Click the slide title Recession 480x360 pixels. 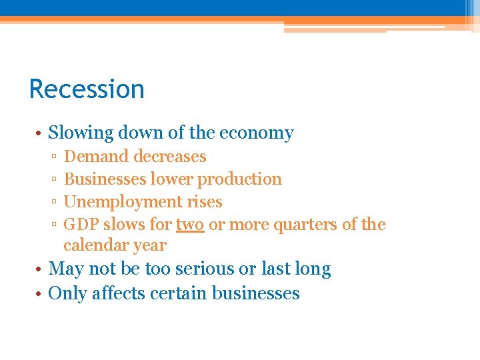[87, 89]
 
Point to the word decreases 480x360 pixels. [170, 157]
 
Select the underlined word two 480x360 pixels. [190, 225]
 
